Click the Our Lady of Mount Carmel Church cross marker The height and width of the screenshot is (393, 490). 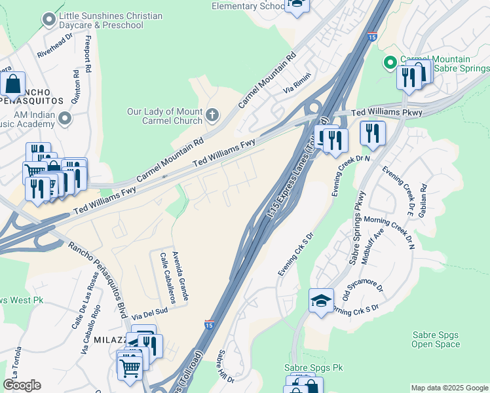click(212, 116)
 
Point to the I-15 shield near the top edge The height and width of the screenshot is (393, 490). click(372, 37)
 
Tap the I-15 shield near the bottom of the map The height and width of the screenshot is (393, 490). click(208, 325)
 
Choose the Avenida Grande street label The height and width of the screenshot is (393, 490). click(180, 275)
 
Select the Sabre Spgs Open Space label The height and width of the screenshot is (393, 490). click(436, 339)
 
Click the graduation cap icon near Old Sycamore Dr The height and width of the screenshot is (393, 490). click(321, 300)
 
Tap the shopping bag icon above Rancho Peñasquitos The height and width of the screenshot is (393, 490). click(13, 83)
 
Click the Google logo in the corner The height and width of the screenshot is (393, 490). click(22, 385)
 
